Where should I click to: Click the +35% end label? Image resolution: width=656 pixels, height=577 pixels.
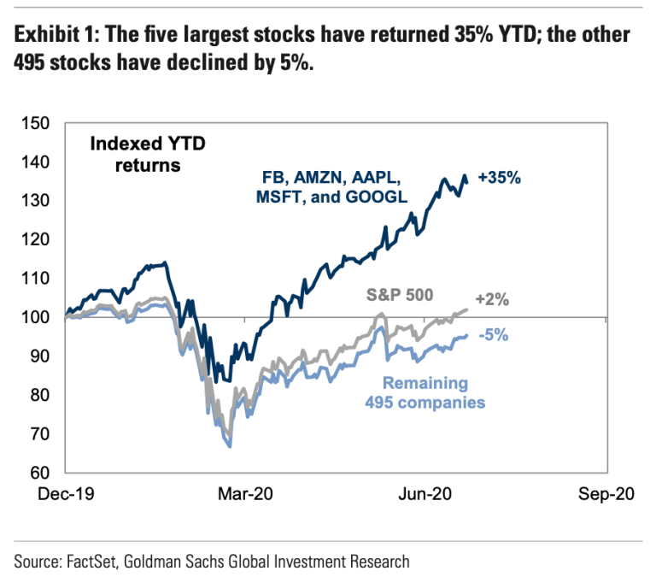point(500,180)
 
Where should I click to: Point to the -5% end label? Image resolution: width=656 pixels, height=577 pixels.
point(494,335)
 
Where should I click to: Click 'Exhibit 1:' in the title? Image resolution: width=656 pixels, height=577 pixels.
point(56,36)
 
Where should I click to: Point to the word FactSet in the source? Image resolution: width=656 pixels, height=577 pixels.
point(91,562)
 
